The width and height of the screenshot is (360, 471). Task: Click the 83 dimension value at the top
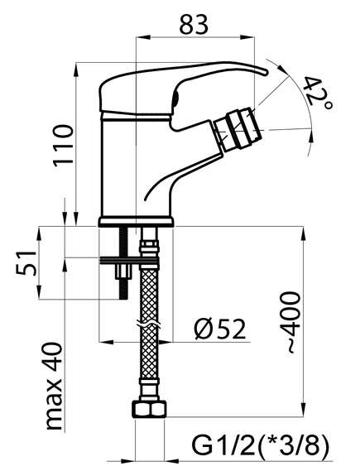pos(194,24)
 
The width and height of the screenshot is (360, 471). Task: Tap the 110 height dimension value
pos(64,146)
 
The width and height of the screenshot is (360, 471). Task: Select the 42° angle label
pos(318,94)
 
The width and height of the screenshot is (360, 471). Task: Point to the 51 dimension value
pos(26,262)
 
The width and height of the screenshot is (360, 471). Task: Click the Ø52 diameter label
pos(219,329)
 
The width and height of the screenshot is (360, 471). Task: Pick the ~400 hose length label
pos(290,322)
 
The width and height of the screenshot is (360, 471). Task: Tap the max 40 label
pos(54,386)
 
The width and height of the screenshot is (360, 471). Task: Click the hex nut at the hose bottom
pos(149,410)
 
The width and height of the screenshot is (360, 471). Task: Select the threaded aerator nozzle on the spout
pos(238,130)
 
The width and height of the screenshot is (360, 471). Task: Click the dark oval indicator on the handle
pos(175,99)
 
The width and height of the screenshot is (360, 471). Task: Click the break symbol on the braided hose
pos(148,324)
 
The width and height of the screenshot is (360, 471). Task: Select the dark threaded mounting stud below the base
pos(123,263)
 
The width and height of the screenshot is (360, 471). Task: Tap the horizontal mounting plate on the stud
pos(129,261)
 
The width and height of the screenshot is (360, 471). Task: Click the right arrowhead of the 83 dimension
pos(248,37)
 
